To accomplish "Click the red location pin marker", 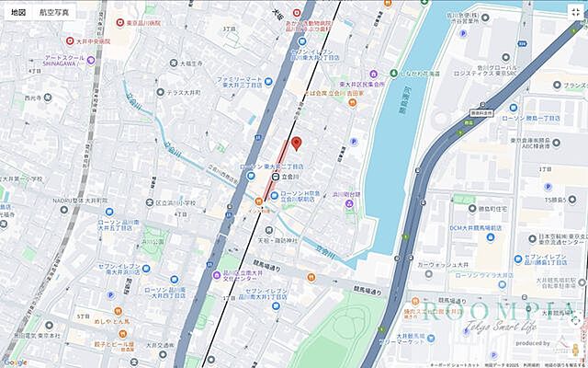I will [x=296, y=144].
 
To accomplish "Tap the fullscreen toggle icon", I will [x=575, y=12].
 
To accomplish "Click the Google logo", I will [x=15, y=362].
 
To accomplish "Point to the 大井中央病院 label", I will [x=92, y=40].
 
